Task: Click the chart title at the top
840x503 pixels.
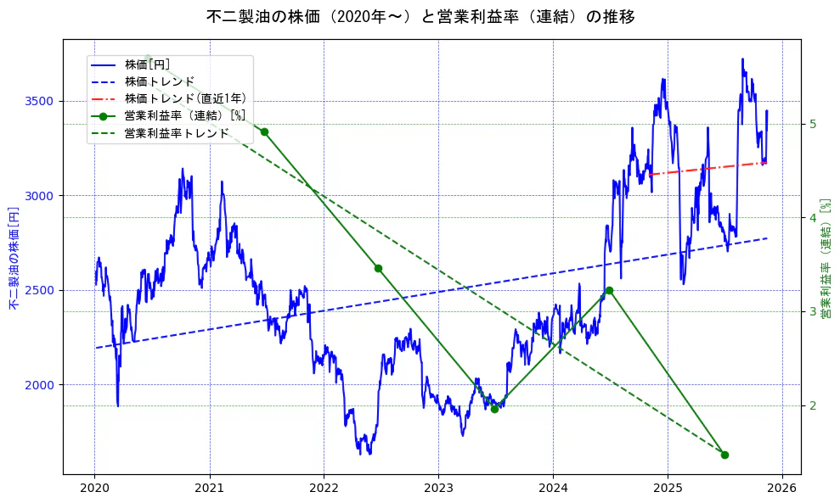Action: click(420, 17)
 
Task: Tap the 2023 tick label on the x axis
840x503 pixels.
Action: click(438, 489)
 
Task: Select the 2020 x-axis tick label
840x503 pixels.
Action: click(94, 489)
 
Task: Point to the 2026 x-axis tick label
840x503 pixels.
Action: click(782, 489)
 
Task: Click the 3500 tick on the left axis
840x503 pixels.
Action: click(41, 101)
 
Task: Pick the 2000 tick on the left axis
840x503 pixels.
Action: click(41, 384)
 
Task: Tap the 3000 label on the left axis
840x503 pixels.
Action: click(41, 195)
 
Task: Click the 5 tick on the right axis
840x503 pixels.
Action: click(813, 124)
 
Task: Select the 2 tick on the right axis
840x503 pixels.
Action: click(813, 405)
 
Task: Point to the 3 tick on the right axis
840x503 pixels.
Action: click(813, 311)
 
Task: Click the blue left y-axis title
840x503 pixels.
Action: click(14, 256)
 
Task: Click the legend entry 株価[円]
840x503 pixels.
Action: click(148, 64)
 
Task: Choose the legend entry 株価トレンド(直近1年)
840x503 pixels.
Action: click(184, 98)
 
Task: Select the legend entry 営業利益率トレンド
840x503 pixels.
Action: click(176, 133)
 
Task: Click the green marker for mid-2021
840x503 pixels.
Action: click(264, 131)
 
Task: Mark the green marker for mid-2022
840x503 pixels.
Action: click(378, 268)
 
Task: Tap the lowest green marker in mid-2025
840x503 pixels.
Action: click(724, 455)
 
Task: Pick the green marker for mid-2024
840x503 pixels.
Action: click(609, 290)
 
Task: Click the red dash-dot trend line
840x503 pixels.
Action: click(705, 168)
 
